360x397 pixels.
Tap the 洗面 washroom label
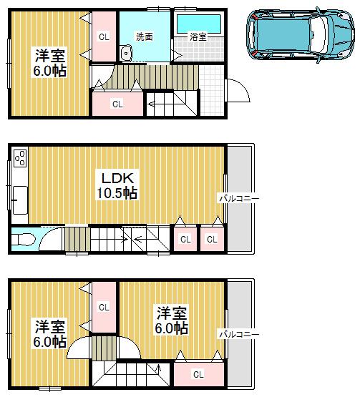coord(144,36)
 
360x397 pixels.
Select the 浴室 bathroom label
coord(198,36)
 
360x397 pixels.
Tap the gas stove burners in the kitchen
coord(19,157)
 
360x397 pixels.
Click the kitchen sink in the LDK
coord(19,197)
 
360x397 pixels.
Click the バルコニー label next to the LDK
coord(238,197)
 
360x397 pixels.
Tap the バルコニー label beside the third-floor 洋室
coord(238,333)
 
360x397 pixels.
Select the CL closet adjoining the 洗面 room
coord(104,36)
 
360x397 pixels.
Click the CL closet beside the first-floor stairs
coord(117,104)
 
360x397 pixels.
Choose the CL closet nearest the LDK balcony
coord(211,239)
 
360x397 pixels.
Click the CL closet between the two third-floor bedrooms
coord(104,307)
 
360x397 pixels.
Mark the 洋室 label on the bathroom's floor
coord(49,54)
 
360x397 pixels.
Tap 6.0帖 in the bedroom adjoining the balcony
coord(172,328)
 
